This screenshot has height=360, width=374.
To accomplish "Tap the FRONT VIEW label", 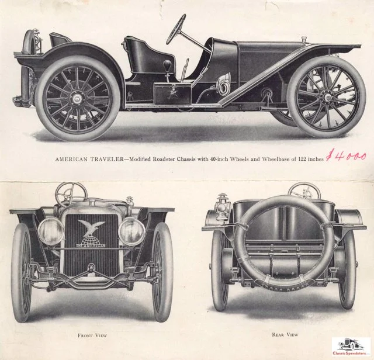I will [93, 335].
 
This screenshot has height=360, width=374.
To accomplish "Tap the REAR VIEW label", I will [285, 334].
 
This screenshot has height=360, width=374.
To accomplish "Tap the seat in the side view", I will [140, 56].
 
